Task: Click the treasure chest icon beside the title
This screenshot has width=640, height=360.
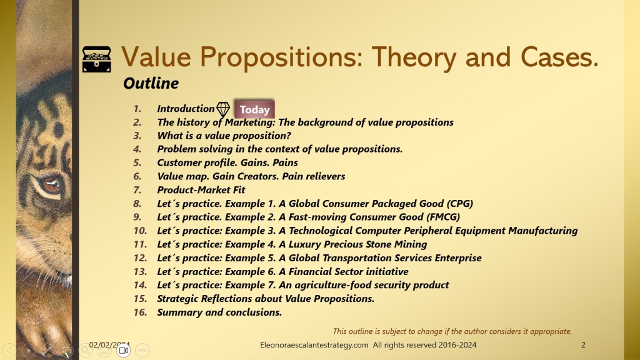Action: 97,59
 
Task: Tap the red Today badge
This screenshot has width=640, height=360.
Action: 254,109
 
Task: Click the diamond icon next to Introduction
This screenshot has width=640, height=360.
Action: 223,109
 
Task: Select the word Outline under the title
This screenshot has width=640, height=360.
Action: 151,83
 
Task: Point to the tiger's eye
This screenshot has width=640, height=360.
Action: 51,184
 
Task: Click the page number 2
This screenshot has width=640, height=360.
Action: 583,345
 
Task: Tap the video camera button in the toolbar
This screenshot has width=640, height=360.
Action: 123,350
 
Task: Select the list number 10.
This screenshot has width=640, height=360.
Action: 140,231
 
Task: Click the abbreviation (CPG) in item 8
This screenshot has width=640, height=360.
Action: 459,203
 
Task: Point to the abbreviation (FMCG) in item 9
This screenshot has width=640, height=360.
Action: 443,217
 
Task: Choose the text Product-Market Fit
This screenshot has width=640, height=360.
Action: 201,190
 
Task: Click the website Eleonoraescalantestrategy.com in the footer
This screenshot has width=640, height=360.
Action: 314,345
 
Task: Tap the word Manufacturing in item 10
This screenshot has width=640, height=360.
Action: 543,231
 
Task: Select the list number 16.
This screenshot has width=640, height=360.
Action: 140,312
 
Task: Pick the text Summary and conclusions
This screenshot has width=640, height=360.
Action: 219,312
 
